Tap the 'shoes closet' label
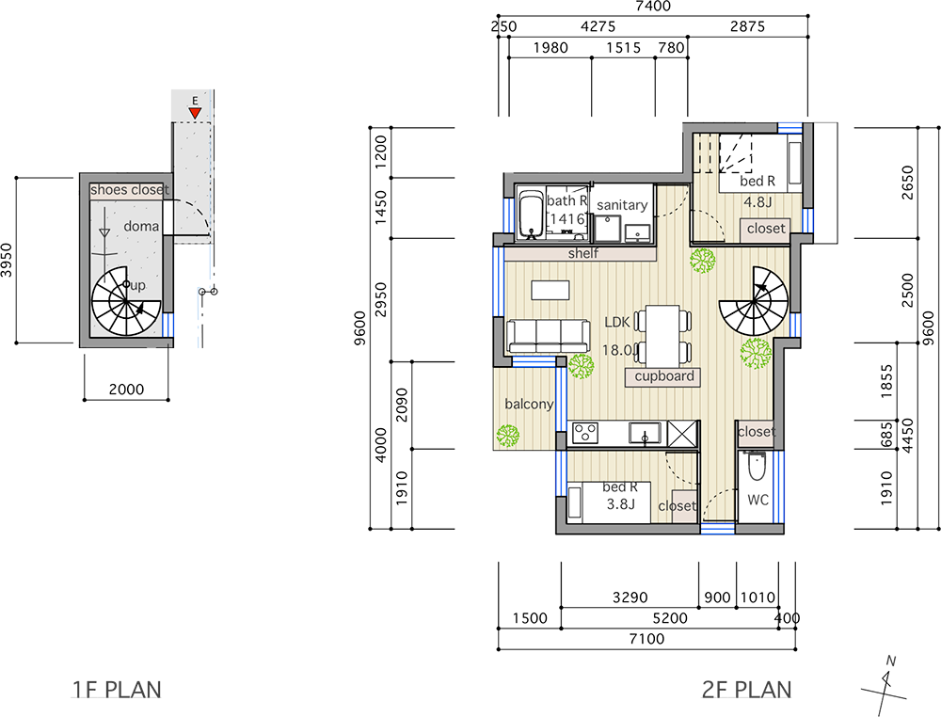click(130, 190)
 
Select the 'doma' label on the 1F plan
click(141, 226)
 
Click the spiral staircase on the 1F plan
click(126, 301)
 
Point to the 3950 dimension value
click(6, 260)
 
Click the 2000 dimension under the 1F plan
click(127, 390)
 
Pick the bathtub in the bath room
click(530, 215)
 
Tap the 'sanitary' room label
click(622, 205)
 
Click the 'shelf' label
click(582, 253)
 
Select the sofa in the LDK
click(548, 336)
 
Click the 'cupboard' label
click(663, 376)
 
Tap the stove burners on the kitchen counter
click(585, 433)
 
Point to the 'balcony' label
click(529, 405)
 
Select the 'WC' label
click(758, 500)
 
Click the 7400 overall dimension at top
click(654, 7)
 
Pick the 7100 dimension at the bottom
click(647, 638)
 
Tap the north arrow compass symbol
click(885, 686)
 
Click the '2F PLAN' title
click(746, 690)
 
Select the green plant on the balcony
click(508, 437)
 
